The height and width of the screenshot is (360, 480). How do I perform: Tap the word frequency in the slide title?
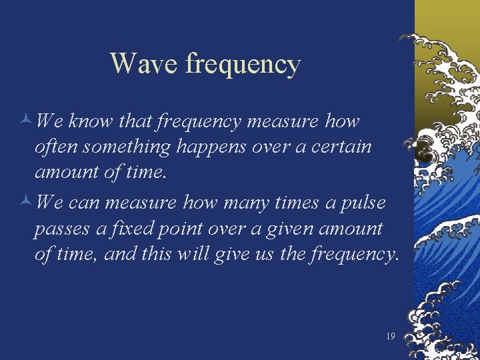243,65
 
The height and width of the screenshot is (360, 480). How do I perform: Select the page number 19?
391,336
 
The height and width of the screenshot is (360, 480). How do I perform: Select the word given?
287,229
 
